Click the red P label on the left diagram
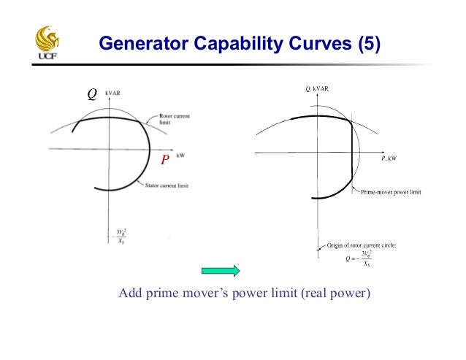165,159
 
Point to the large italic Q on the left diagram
92,94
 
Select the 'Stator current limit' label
165,186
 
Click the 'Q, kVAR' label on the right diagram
317,89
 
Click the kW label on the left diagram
180,155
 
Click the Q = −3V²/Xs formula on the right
357,259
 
